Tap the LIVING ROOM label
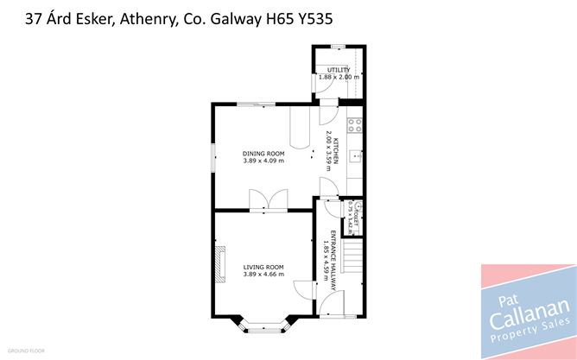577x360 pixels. pos(263,267)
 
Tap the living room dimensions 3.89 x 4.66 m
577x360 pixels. pos(263,274)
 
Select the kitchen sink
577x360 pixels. pos(355,158)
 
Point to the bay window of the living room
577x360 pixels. pos(263,325)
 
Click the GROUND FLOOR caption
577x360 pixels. pos(26,351)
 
